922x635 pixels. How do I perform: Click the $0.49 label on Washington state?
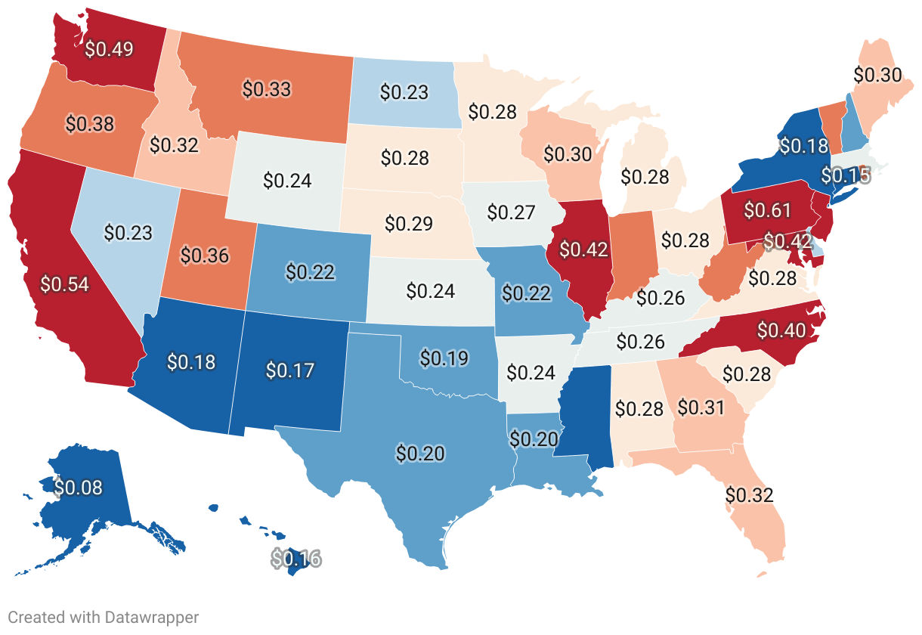pyautogui.click(x=110, y=49)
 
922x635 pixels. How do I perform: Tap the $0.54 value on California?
pyautogui.click(x=64, y=284)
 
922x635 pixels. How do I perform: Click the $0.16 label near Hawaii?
pyautogui.click(x=296, y=559)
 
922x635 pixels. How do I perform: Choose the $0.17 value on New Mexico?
pyautogui.click(x=290, y=370)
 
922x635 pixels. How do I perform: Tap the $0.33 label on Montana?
pyautogui.click(x=266, y=88)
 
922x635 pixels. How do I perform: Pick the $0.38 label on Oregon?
pyautogui.click(x=90, y=123)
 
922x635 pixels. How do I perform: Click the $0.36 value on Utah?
pyautogui.click(x=205, y=255)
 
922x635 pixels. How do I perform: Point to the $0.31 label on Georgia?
pyautogui.click(x=701, y=407)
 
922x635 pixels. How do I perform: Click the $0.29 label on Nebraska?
pyautogui.click(x=409, y=224)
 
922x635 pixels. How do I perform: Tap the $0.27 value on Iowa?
pyautogui.click(x=511, y=212)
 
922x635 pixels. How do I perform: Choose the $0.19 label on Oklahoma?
pyautogui.click(x=444, y=357)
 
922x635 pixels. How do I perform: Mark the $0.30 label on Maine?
pyautogui.click(x=877, y=74)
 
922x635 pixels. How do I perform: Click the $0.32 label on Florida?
pyautogui.click(x=750, y=495)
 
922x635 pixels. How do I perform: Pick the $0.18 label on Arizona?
pyautogui.click(x=191, y=362)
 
